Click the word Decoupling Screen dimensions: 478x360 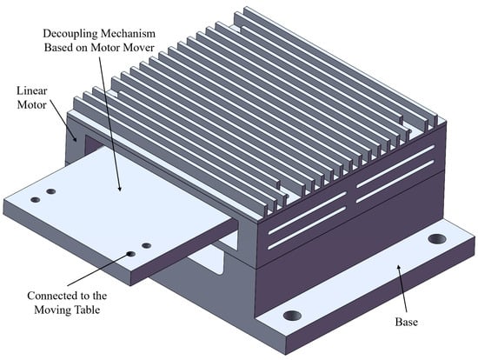click(71, 34)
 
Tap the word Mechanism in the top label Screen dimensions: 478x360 click(128, 33)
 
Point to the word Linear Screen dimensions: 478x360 click(31, 91)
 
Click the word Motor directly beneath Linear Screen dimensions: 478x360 click(31, 105)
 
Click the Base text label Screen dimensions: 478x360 click(406, 322)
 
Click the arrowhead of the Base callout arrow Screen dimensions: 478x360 click(398, 268)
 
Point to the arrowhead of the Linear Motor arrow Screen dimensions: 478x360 click(76, 139)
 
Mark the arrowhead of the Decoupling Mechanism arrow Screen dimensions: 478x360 click(120, 189)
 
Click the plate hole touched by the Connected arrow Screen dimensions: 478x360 click(131, 254)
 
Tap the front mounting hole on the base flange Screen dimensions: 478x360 click(292, 316)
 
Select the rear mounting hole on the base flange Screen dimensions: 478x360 click(437, 239)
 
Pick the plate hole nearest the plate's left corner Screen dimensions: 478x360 click(36, 200)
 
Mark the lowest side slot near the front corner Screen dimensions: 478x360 click(308, 229)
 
